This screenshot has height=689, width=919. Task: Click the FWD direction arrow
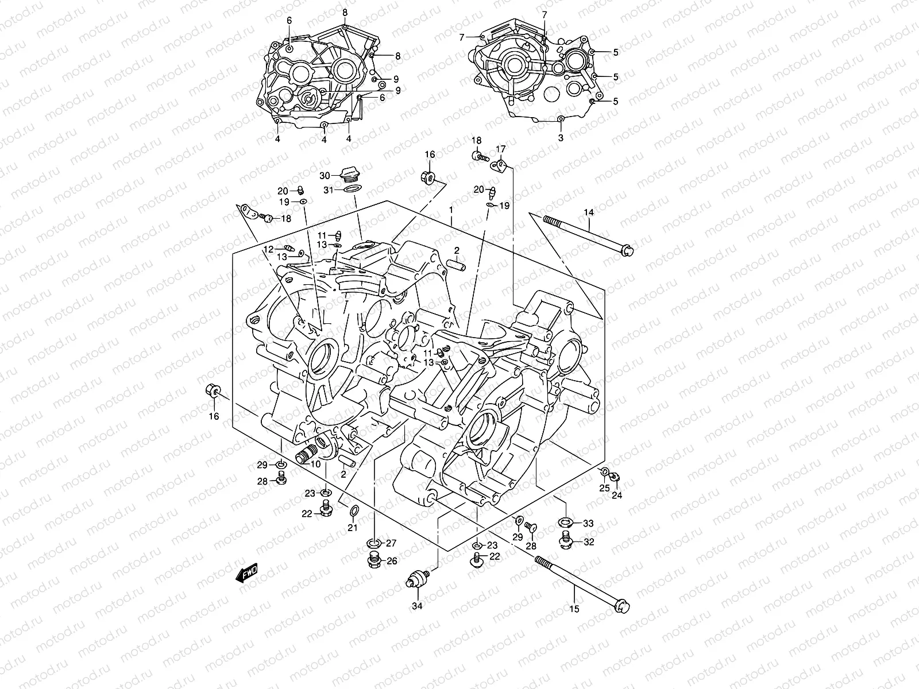(247, 573)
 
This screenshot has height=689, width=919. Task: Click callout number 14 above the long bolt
(589, 213)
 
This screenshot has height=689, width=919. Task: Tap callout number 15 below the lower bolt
(574, 609)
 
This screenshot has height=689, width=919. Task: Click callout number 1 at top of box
(451, 210)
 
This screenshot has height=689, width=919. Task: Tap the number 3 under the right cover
(561, 138)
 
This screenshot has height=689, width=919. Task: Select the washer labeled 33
(565, 522)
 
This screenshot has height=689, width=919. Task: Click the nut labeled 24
(614, 478)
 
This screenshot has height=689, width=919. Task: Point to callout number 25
(604, 488)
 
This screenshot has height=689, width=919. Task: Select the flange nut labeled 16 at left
(211, 392)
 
